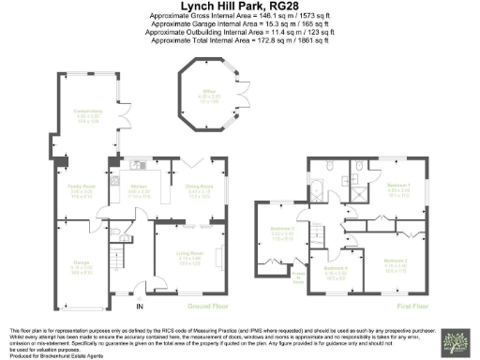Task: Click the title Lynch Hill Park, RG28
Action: [239, 7]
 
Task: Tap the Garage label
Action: [82, 266]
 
